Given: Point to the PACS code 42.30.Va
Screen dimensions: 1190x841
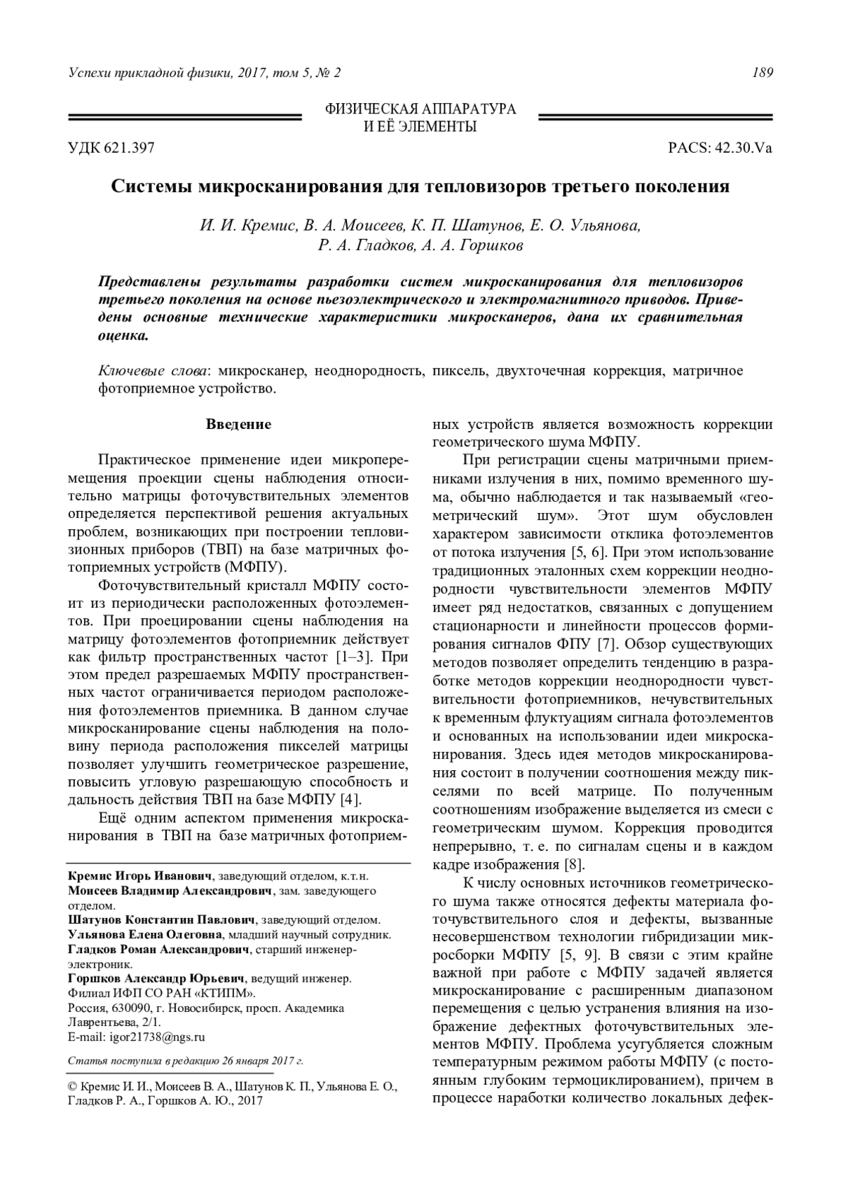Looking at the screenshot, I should pos(743,149).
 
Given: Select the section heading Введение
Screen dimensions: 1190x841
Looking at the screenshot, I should pos(238,425).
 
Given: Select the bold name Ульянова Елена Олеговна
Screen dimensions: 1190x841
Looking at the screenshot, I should pos(145,934).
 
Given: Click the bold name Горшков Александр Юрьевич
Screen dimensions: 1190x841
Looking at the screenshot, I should pos(156,978).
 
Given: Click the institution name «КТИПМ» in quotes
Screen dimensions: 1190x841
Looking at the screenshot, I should pos(226,994).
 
